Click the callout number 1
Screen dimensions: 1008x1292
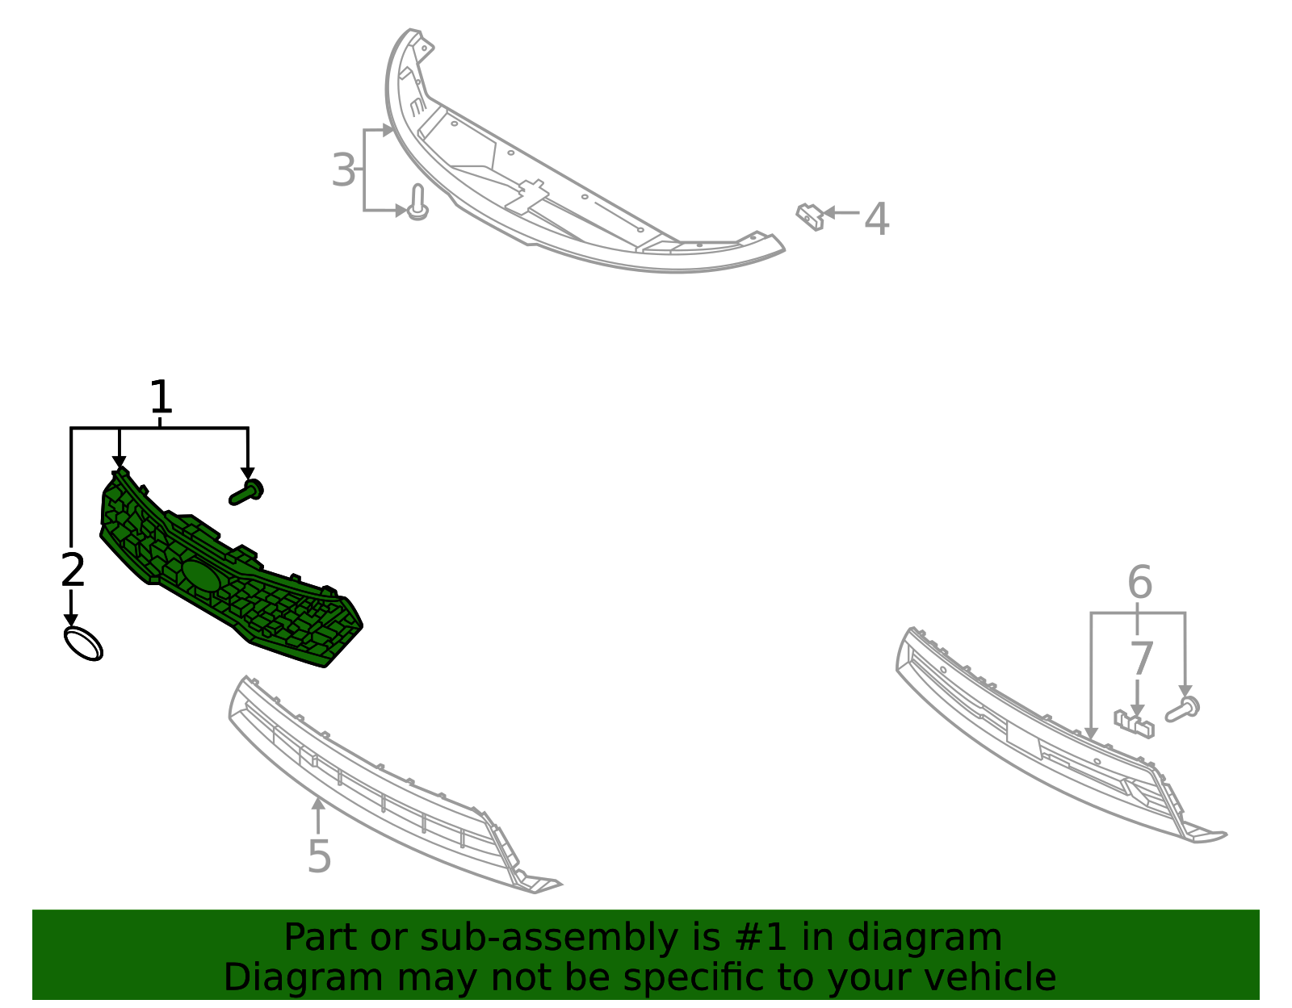pyautogui.click(x=161, y=397)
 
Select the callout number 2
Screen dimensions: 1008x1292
pyautogui.click(x=73, y=570)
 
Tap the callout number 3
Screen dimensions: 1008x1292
pyautogui.click(x=343, y=170)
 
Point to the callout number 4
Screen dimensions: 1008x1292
pyautogui.click(x=876, y=220)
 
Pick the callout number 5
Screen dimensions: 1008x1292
pyautogui.click(x=319, y=856)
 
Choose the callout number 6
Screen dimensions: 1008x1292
pyautogui.click(x=1139, y=582)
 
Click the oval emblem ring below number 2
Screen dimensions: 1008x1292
pyautogui.click(x=83, y=643)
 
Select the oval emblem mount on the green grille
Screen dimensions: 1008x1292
pyautogui.click(x=201, y=575)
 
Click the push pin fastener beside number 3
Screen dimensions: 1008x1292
pyautogui.click(x=417, y=202)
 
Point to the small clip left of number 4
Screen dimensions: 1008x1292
pyautogui.click(x=809, y=216)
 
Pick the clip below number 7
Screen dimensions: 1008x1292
pyautogui.click(x=1134, y=722)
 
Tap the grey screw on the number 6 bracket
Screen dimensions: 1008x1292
pyautogui.click(x=1183, y=709)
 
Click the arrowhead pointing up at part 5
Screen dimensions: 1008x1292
pyautogui.click(x=318, y=804)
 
